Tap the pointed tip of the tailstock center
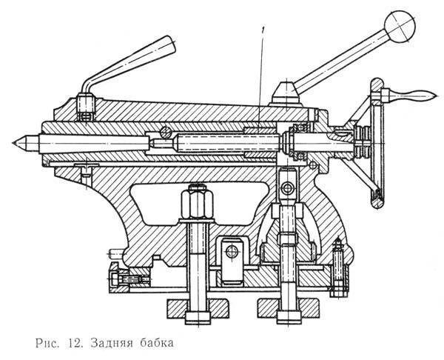[13, 142]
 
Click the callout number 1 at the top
[264, 30]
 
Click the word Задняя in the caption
[112, 343]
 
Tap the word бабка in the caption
[157, 343]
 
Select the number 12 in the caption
[75, 343]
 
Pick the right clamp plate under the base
[289, 308]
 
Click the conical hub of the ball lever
[286, 93]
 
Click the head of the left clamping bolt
[198, 318]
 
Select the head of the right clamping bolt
[289, 318]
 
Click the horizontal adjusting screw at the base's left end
[129, 279]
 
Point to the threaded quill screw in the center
[226, 142]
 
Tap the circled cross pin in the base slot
[232, 252]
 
